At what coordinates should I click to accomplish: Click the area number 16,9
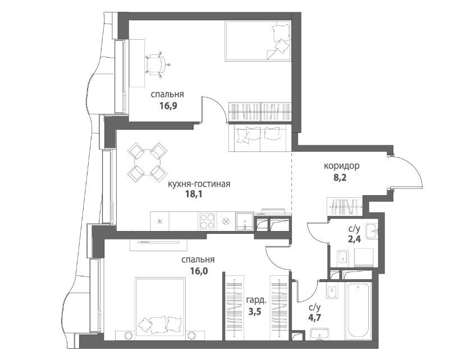tap(168, 105)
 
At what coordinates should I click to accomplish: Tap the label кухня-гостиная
tap(199, 184)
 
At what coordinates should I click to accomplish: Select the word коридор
tap(342, 166)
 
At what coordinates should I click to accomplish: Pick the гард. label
tap(256, 301)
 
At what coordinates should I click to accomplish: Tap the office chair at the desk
tap(157, 64)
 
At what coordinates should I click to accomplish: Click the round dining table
tap(148, 162)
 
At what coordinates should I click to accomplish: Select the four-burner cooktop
tap(208, 221)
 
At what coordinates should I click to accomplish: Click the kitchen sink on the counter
tap(245, 221)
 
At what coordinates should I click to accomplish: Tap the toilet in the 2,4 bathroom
tap(343, 257)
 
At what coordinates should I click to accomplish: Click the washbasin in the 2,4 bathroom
tap(372, 231)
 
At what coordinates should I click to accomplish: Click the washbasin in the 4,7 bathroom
tap(319, 335)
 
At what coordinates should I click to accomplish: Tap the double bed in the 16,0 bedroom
tap(160, 307)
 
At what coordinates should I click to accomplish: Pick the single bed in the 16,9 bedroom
tap(258, 41)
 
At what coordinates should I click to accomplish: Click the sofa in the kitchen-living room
tap(260, 137)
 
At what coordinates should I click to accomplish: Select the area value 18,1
tap(194, 194)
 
